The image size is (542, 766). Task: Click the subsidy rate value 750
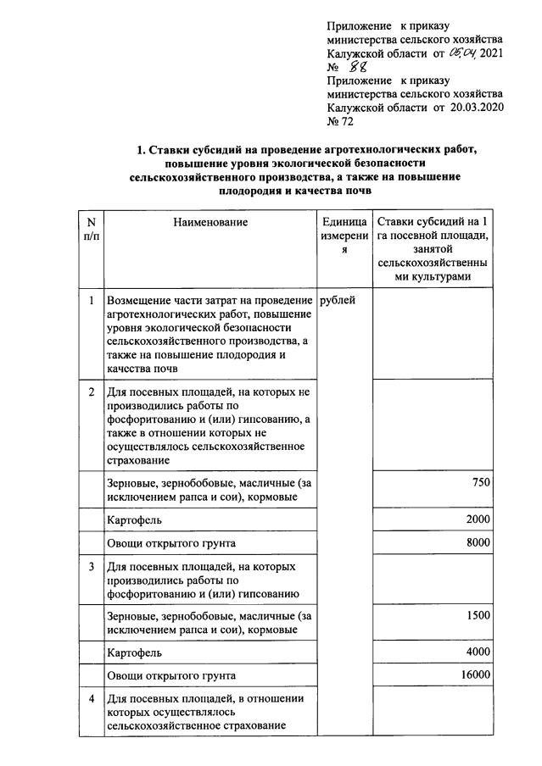click(481, 482)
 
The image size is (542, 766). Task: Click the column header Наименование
click(211, 222)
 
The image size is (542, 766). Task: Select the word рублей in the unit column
click(338, 300)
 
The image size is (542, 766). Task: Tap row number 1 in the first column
click(91, 300)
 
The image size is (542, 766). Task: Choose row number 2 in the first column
click(91, 392)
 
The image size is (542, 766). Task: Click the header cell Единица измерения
click(344, 236)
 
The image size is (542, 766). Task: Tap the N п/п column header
click(91, 230)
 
